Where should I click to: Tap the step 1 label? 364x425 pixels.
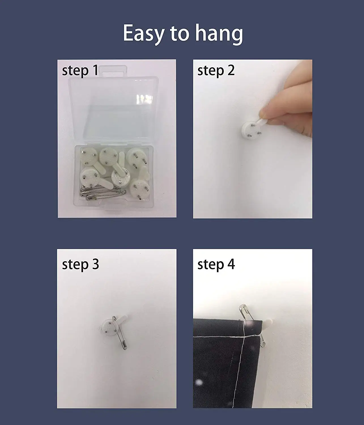[x=80, y=71]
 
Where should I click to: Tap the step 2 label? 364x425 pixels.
[x=216, y=70]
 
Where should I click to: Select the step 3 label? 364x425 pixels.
[x=80, y=264]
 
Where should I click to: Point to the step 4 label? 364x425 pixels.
[x=216, y=264]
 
